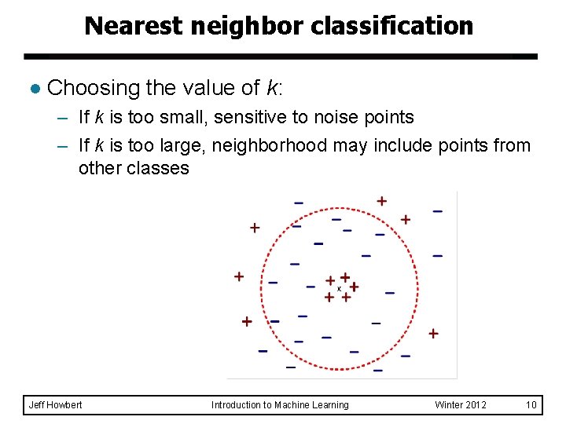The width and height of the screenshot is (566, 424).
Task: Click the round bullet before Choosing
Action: [x=34, y=88]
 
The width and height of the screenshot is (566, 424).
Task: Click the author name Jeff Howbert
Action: [x=55, y=405]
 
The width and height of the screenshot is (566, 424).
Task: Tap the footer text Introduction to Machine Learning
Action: [x=280, y=405]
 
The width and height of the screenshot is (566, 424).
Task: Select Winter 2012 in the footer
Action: [x=461, y=405]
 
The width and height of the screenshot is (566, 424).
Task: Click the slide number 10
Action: [x=531, y=405]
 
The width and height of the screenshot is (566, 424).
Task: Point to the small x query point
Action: [x=339, y=289]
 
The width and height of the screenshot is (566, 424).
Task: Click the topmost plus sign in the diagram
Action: [x=381, y=201]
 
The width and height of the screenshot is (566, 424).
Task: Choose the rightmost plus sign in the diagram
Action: [x=433, y=334]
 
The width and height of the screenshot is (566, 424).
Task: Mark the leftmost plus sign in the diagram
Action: [x=239, y=276]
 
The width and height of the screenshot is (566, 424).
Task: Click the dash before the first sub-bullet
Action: [x=62, y=118]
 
